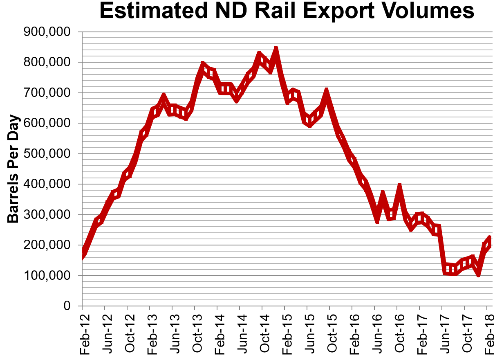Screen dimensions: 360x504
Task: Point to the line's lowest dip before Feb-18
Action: [478, 274]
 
